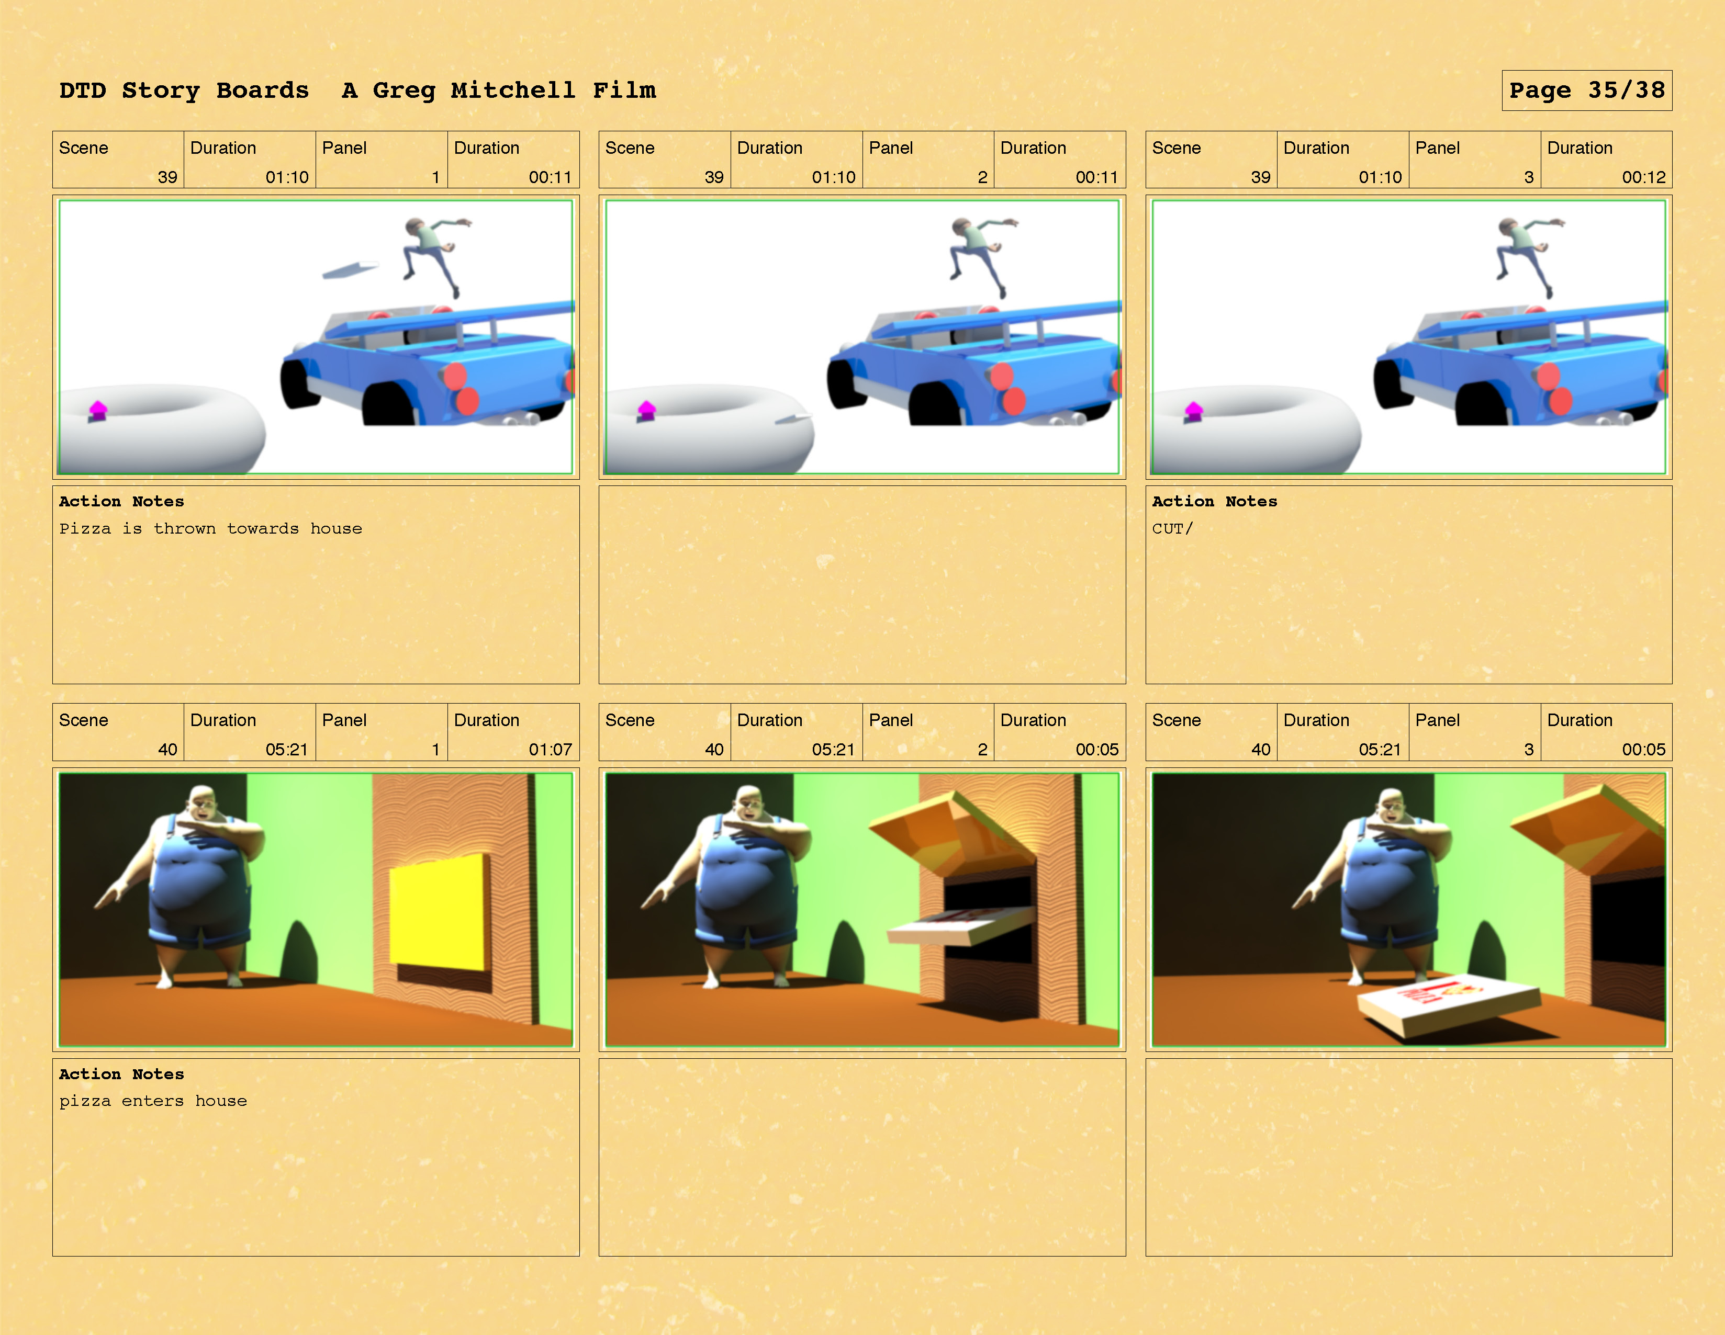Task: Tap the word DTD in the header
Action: [x=82, y=90]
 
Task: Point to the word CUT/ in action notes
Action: [x=1172, y=528]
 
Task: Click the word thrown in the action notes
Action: [x=184, y=528]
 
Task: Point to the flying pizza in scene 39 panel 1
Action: [x=350, y=269]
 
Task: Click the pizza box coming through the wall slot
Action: [x=960, y=925]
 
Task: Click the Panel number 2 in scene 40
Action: [x=982, y=749]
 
